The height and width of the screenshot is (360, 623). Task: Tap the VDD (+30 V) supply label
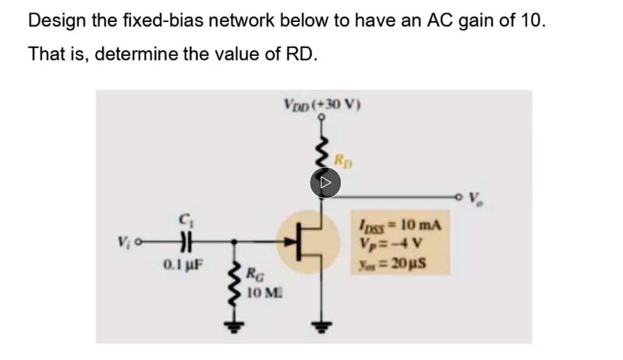tap(322, 103)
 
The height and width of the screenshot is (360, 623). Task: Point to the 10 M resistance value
tap(258, 293)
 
